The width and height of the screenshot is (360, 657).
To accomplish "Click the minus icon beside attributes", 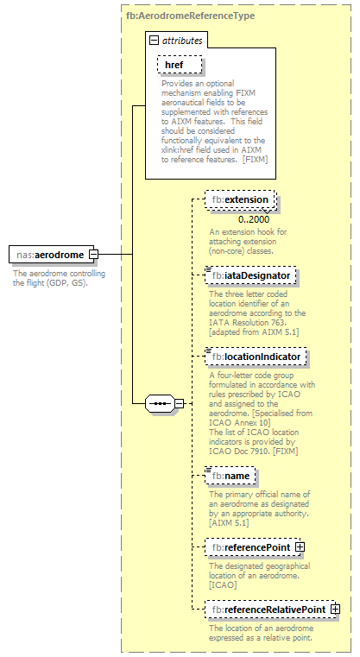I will tap(154, 41).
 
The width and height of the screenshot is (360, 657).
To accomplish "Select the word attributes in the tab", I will tap(181, 41).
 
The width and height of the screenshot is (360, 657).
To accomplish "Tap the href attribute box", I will tap(179, 65).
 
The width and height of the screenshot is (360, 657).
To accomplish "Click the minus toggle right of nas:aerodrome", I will tap(93, 255).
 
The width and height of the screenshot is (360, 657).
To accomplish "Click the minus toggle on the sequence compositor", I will tap(179, 402).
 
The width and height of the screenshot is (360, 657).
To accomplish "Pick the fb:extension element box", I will tap(241, 200).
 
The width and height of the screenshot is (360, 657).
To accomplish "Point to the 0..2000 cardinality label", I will tap(255, 219).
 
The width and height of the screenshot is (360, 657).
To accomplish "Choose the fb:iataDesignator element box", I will tap(251, 275).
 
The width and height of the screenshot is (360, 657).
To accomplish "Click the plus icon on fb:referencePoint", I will tap(300, 546).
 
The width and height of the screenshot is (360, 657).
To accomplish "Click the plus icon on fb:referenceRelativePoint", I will tap(335, 610).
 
